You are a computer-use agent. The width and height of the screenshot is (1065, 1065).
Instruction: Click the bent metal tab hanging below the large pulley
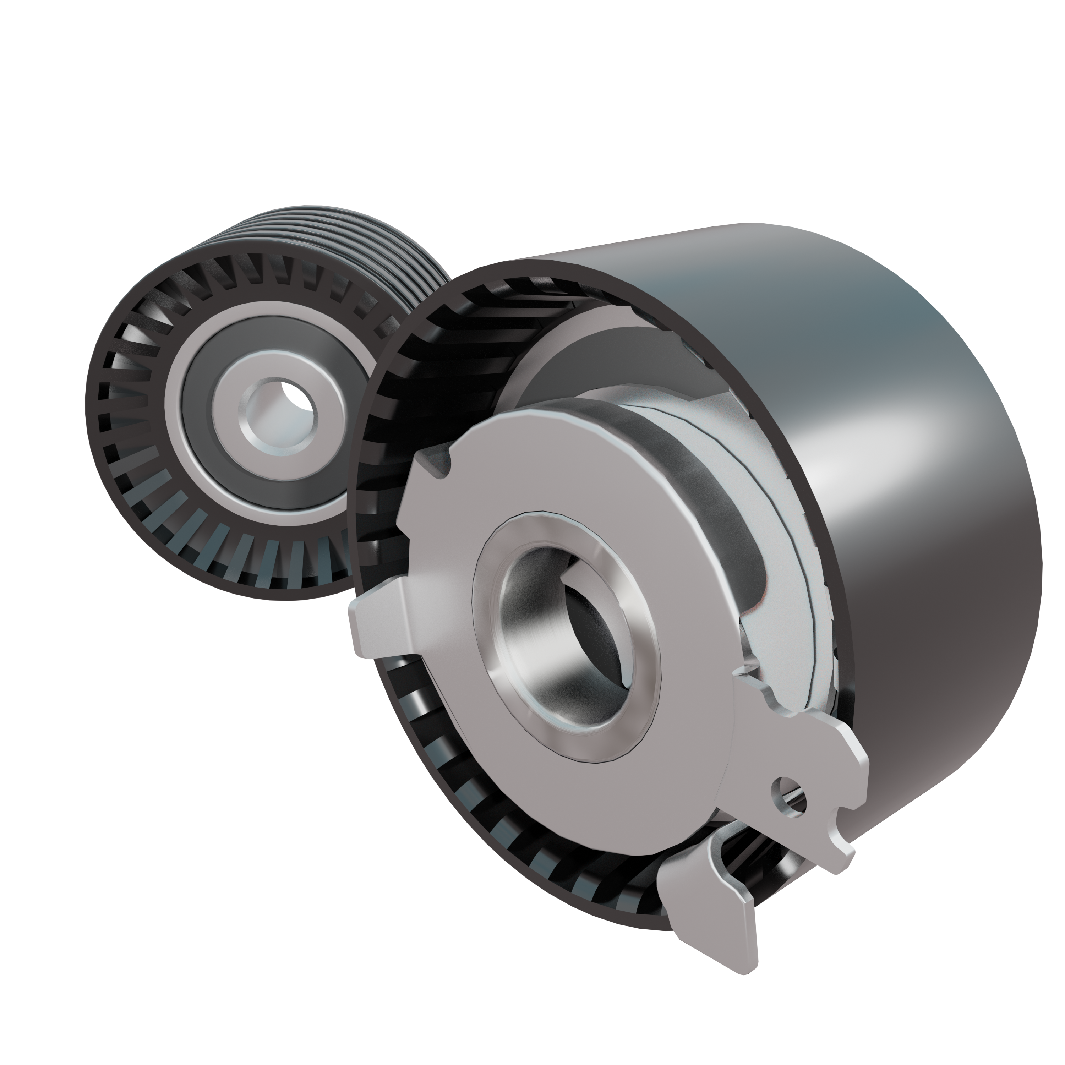click(711, 904)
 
